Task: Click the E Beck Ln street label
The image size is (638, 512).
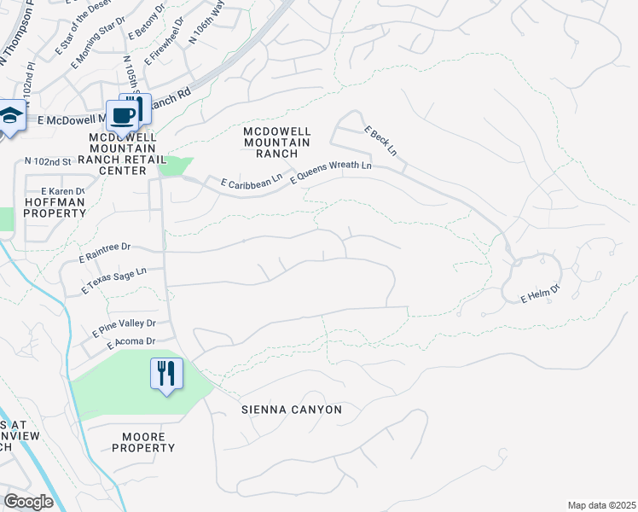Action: click(x=380, y=141)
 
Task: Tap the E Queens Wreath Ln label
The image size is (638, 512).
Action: click(x=331, y=172)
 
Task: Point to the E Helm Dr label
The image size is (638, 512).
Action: click(x=539, y=295)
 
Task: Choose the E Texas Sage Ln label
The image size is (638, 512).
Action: click(x=113, y=281)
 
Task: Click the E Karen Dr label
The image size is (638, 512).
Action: click(x=57, y=190)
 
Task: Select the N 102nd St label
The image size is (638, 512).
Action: click(x=47, y=161)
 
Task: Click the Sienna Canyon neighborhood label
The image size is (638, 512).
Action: click(x=291, y=410)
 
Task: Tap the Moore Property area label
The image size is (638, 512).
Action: click(x=144, y=442)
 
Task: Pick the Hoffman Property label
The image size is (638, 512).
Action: click(x=55, y=207)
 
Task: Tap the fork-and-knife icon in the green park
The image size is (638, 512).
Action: click(x=165, y=373)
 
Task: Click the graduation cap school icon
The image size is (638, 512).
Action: click(x=10, y=116)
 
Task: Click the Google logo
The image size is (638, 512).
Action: click(x=27, y=502)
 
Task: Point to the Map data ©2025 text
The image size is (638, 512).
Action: click(x=601, y=505)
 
